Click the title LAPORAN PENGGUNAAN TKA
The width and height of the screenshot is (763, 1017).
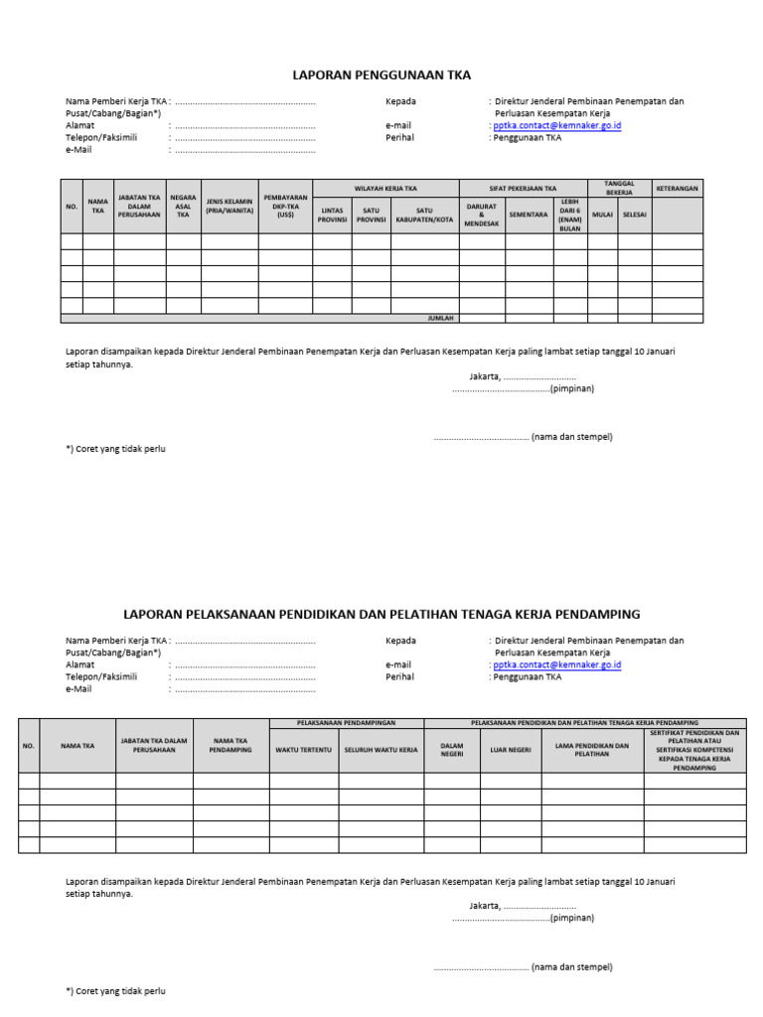(x=381, y=74)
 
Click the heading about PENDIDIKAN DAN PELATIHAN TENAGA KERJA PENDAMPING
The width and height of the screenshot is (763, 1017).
(x=381, y=614)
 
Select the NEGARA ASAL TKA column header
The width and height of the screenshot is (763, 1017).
(x=183, y=206)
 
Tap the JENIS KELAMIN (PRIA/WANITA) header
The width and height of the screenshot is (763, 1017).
(x=229, y=206)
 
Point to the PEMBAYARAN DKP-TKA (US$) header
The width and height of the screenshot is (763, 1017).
(x=286, y=206)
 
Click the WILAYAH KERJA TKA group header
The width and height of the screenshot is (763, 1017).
(x=385, y=188)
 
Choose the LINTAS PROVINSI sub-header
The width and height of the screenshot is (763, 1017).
(x=332, y=215)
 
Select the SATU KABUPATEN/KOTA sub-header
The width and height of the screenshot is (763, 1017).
(x=424, y=215)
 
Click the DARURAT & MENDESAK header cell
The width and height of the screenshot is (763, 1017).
(x=482, y=215)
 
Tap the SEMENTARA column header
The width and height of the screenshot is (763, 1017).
(x=529, y=215)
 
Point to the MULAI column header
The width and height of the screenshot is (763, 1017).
(x=602, y=215)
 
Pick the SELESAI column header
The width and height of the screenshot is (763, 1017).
(x=635, y=215)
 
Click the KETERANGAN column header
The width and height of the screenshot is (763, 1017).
(x=678, y=188)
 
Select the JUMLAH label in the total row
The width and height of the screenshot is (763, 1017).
(x=440, y=319)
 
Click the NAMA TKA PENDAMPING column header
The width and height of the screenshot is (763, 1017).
(x=230, y=745)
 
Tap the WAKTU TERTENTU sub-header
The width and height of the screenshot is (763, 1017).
(x=303, y=750)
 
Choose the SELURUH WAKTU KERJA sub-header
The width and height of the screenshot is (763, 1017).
(x=381, y=750)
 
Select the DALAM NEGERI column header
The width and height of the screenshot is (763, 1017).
(x=452, y=750)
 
